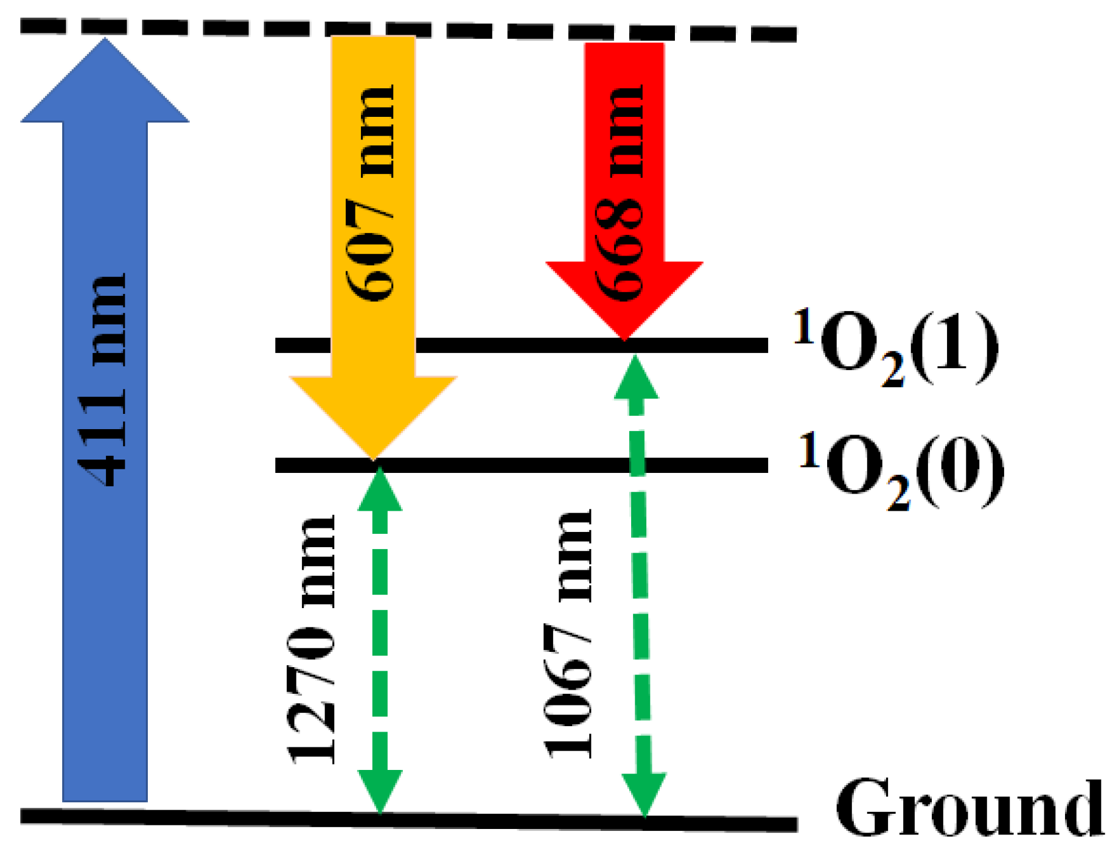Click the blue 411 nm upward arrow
click(105, 420)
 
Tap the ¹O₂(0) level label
click(901, 470)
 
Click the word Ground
click(970, 807)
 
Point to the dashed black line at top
click(408, 30)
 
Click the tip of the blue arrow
click(105, 38)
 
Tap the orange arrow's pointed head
click(373, 460)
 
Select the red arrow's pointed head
click(624, 340)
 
